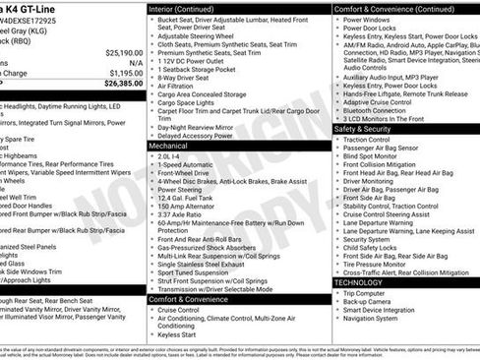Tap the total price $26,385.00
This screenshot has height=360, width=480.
[x=122, y=83]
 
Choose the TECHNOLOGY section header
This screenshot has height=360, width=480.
[x=359, y=282]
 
